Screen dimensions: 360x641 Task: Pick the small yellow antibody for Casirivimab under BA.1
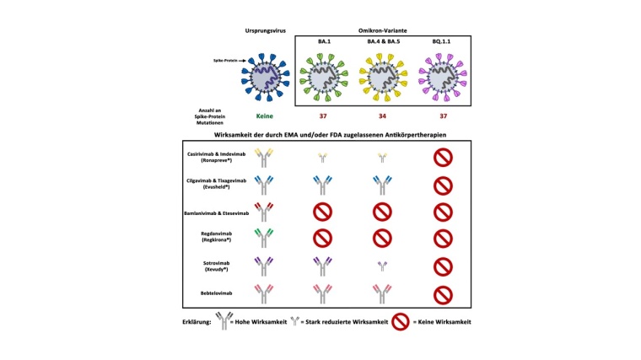tap(321, 156)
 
